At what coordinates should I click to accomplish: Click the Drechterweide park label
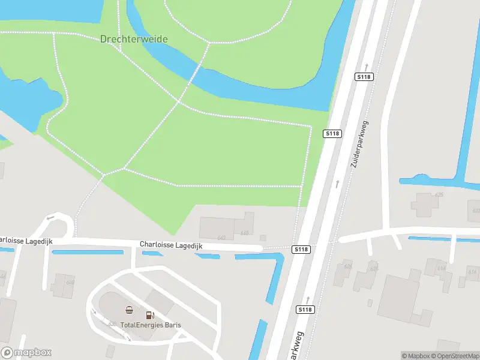click(134, 39)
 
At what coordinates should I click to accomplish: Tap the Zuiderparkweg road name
click(359, 144)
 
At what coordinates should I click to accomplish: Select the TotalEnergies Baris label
click(151, 325)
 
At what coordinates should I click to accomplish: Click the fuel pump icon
click(150, 314)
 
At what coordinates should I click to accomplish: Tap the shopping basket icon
click(129, 310)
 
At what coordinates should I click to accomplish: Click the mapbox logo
click(26, 353)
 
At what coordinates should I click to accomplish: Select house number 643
click(222, 238)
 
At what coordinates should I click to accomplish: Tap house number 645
click(244, 233)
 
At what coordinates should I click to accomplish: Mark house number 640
click(70, 282)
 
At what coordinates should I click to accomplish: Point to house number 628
click(374, 268)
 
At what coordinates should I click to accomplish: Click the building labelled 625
click(424, 204)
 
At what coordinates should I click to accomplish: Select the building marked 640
click(62, 286)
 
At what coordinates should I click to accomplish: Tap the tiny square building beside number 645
click(263, 238)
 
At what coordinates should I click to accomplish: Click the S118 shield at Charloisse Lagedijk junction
click(301, 249)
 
